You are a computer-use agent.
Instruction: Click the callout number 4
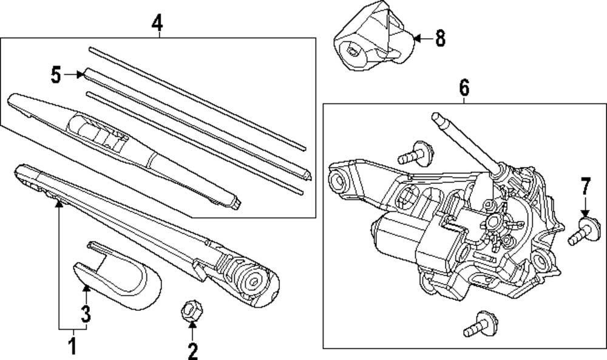157,23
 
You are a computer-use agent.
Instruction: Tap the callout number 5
56,75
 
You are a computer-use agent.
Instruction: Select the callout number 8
439,39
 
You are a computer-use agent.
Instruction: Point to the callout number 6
464,89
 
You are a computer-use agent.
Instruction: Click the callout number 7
585,186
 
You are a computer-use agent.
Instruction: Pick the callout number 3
86,314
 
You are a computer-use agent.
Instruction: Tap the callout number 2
192,350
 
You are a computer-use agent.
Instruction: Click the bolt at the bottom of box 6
479,325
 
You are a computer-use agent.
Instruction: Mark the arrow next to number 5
75,75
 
